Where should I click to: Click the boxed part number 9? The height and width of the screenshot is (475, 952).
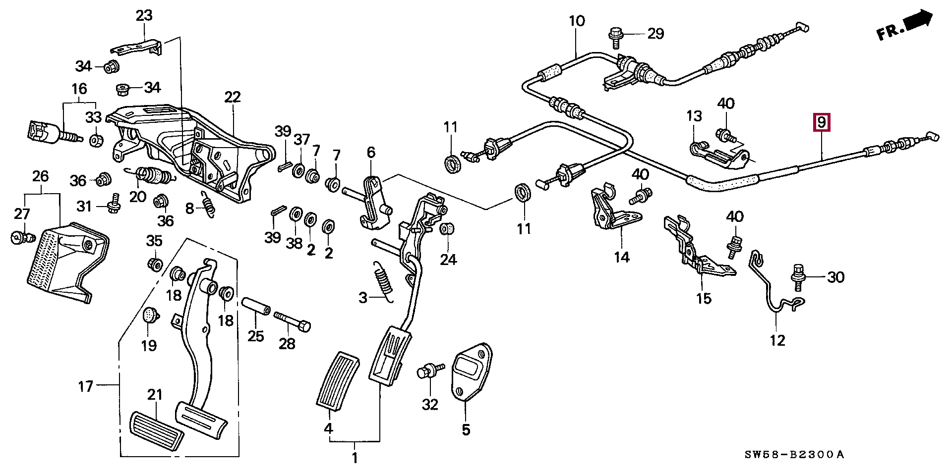click(x=822, y=121)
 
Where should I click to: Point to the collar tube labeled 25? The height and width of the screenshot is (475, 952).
click(x=256, y=306)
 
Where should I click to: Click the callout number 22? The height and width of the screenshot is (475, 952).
click(x=232, y=97)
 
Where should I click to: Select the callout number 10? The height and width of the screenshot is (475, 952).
click(x=577, y=21)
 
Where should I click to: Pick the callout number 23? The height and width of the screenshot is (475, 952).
click(x=144, y=16)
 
